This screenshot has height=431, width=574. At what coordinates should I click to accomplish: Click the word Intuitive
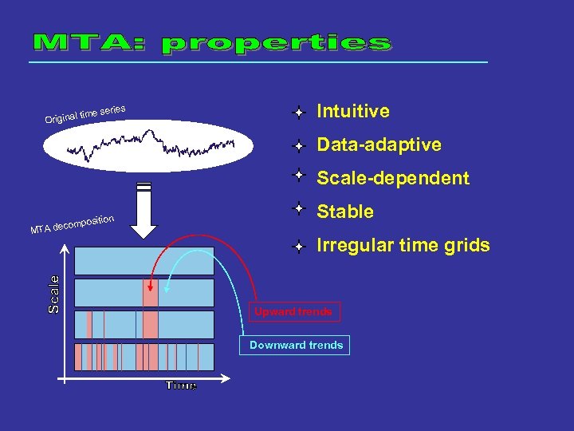point(353,111)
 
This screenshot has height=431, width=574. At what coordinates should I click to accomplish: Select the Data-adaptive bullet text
point(379,144)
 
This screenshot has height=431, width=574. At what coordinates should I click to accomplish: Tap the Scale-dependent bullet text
point(393,178)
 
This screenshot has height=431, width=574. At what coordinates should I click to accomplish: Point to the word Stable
point(345,212)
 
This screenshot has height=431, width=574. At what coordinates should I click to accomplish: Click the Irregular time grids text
point(403,245)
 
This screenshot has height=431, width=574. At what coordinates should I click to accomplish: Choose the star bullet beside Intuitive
point(297,113)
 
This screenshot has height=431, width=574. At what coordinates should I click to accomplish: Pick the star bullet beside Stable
point(297,208)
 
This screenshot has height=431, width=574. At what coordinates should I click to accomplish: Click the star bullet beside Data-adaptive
point(297,146)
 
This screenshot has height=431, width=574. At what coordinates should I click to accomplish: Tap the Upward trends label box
point(293,311)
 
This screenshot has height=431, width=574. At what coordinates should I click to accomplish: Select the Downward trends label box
point(296,345)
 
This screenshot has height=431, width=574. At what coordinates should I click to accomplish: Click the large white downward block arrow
point(144,212)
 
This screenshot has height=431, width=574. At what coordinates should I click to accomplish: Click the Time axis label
point(181,386)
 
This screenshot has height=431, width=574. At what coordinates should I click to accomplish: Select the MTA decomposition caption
point(73,224)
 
